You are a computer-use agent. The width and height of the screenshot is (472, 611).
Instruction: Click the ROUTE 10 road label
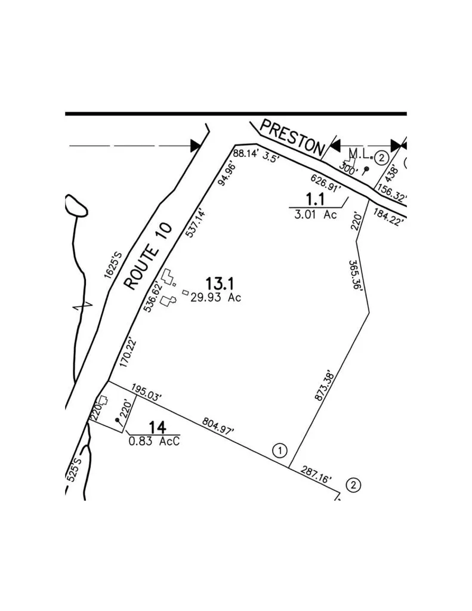(148, 256)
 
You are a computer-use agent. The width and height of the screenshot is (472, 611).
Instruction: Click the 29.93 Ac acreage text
(216, 298)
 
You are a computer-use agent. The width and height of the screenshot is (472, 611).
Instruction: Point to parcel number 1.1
(315, 199)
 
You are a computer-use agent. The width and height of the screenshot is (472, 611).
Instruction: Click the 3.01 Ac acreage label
(316, 214)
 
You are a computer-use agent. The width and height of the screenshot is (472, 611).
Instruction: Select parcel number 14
(158, 427)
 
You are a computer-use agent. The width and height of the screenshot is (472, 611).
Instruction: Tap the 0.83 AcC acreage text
(155, 442)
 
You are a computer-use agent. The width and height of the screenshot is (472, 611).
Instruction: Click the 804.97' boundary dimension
(218, 426)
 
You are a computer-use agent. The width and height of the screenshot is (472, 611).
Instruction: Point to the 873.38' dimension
(324, 385)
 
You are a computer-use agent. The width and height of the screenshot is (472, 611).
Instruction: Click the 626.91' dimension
(326, 183)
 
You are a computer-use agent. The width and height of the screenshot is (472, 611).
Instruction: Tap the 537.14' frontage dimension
(196, 223)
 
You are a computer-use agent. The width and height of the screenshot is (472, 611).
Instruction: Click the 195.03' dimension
(146, 393)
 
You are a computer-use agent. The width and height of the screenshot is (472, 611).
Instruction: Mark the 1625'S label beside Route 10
(113, 266)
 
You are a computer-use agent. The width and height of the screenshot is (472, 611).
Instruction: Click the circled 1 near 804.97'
(280, 451)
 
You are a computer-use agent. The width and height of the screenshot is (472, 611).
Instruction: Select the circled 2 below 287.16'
(353, 486)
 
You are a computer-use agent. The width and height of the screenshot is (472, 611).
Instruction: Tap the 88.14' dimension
(246, 153)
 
